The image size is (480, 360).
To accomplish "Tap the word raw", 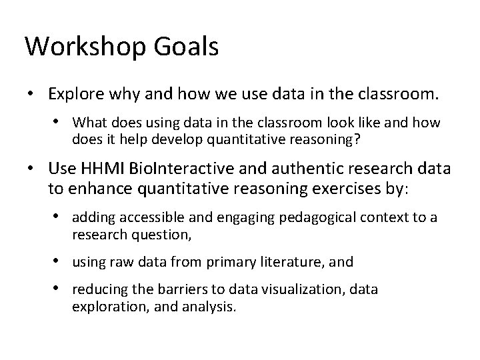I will pos(115,263).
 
